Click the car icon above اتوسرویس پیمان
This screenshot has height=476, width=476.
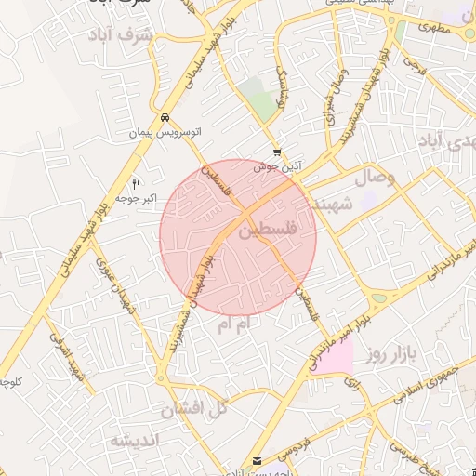(x=165, y=118)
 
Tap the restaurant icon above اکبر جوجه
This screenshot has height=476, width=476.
(x=138, y=183)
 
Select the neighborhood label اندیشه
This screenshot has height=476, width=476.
(x=135, y=439)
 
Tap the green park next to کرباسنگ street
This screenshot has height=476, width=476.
(x=258, y=98)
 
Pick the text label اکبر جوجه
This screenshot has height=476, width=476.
(x=138, y=198)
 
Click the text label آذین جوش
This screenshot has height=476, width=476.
(x=277, y=165)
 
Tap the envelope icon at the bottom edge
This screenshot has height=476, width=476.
(x=258, y=461)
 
